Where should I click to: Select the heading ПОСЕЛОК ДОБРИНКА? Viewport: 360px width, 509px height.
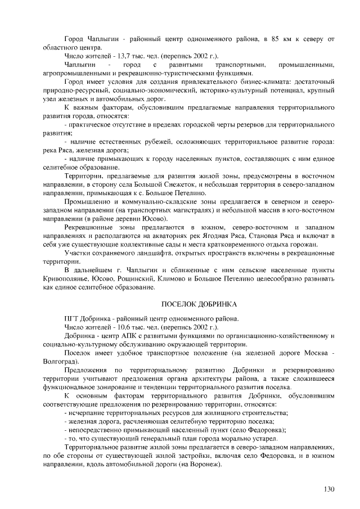(199, 304)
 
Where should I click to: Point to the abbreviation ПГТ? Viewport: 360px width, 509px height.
(73, 317)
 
